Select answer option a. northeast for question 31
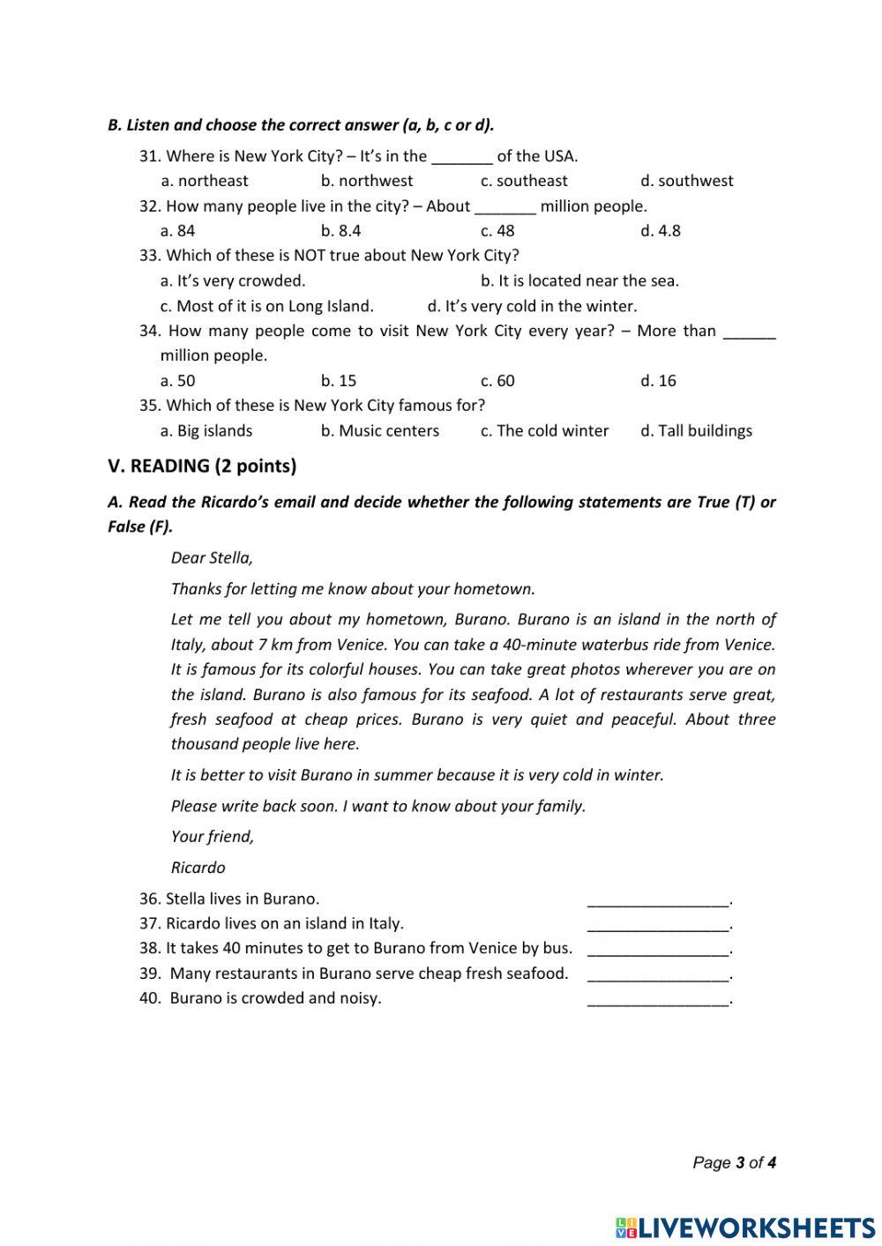tap(205, 181)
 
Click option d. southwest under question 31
tap(686, 181)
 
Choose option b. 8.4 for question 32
tap(340, 231)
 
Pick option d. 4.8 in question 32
tap(660, 231)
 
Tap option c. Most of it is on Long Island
tap(266, 306)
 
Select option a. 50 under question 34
tap(177, 381)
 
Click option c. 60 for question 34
tap(497, 381)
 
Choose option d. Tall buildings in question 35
tap(696, 431)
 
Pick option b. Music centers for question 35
tap(379, 431)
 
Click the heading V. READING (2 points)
tap(202, 466)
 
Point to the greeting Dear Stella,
tap(212, 558)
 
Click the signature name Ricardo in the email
tap(198, 868)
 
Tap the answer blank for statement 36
tap(658, 899)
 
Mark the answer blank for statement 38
tap(658, 949)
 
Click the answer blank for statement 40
tap(658, 999)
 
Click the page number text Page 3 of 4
tap(734, 1163)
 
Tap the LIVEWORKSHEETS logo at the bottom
tap(745, 1227)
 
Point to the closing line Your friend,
tap(212, 837)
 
